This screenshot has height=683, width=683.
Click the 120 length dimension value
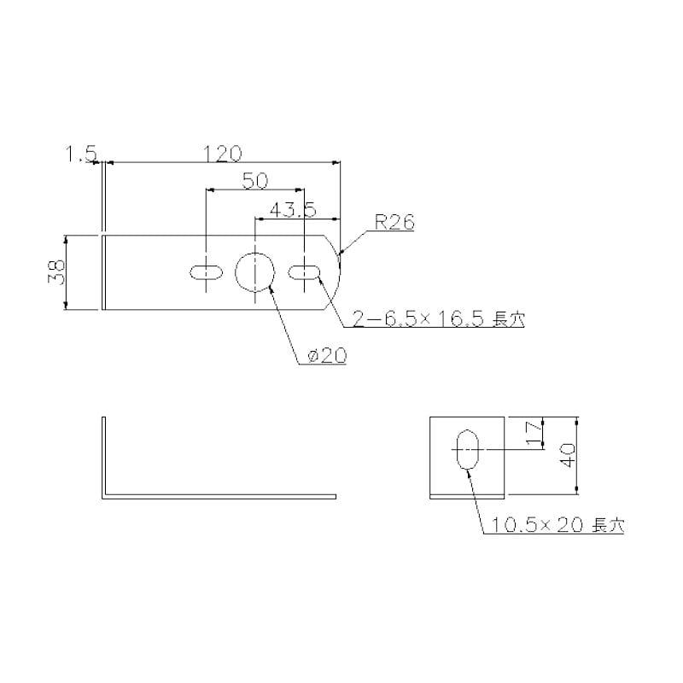(x=222, y=154)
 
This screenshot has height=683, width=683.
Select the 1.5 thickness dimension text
(x=80, y=154)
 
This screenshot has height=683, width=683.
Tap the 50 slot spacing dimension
(x=255, y=181)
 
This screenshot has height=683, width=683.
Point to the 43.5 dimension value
(x=293, y=210)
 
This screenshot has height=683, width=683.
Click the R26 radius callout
(x=394, y=223)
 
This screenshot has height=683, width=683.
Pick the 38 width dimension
(x=56, y=272)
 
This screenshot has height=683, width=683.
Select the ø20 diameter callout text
(x=327, y=355)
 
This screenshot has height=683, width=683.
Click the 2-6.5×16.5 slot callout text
(x=418, y=319)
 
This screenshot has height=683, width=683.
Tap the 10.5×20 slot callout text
(x=537, y=525)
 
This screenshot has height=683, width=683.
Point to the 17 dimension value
(x=534, y=434)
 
